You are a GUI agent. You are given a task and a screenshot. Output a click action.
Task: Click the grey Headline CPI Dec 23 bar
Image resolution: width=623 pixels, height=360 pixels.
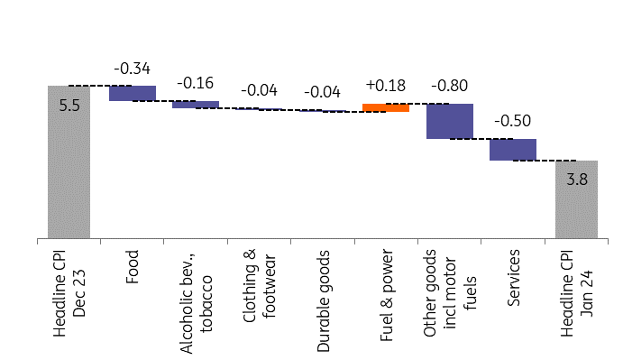click(69, 162)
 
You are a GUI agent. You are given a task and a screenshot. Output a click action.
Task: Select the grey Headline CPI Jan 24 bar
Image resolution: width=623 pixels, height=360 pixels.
click(576, 199)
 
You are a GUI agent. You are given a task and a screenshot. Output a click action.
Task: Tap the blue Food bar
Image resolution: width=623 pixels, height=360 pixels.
click(133, 93)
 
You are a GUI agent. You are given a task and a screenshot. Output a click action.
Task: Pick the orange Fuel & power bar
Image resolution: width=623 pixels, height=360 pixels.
click(386, 107)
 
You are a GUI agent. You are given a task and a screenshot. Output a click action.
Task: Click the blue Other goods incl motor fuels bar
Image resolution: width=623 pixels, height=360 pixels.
click(450, 121)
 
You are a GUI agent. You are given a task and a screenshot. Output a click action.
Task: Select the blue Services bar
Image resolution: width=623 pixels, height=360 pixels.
click(513, 150)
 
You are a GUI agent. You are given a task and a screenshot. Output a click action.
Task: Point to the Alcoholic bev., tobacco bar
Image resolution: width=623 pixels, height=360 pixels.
click(196, 105)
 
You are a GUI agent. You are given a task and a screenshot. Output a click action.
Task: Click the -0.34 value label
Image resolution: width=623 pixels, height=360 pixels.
click(133, 69)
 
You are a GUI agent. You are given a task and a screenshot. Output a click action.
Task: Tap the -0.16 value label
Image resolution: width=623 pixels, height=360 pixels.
click(196, 83)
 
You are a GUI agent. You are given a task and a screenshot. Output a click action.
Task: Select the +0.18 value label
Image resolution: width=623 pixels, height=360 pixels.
click(386, 86)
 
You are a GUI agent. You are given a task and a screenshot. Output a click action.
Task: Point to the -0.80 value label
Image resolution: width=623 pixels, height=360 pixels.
click(450, 86)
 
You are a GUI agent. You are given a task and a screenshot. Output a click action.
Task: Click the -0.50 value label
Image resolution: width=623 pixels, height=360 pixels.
click(513, 121)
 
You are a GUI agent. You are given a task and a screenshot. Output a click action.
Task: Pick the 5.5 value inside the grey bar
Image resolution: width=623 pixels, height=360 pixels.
click(69, 106)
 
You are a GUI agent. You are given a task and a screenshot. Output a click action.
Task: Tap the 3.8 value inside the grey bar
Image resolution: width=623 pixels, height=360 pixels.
click(577, 180)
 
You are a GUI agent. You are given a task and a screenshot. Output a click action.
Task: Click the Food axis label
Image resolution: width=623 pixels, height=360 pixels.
click(133, 266)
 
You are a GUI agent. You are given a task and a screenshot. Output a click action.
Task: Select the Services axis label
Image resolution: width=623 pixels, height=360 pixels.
click(513, 278)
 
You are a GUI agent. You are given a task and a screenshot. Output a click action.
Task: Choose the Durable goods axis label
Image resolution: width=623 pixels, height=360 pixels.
click(323, 301)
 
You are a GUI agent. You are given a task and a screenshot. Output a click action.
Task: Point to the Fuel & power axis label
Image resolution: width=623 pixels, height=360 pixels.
click(387, 295)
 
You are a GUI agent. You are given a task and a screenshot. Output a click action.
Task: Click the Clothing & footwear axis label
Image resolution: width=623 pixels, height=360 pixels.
click(259, 286)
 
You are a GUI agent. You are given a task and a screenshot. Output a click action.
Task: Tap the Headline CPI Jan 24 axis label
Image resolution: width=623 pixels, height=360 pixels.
click(576, 293)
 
